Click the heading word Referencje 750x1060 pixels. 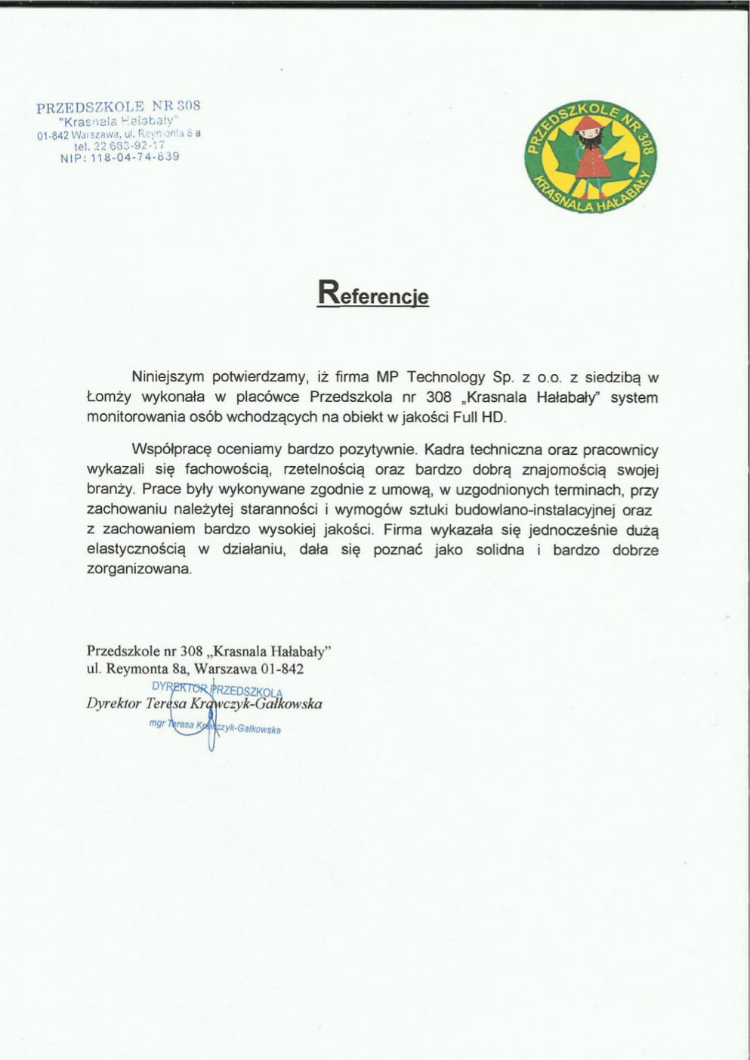(x=373, y=294)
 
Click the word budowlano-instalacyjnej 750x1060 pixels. (x=535, y=510)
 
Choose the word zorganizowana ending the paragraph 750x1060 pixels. (x=139, y=570)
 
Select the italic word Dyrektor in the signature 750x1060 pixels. (x=114, y=704)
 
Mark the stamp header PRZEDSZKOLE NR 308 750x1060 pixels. (x=118, y=107)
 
